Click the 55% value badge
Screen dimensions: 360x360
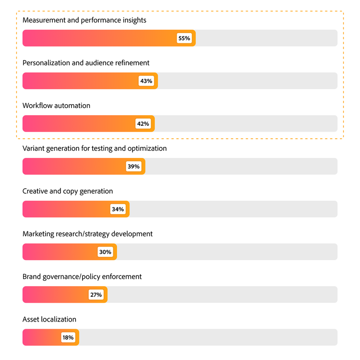[184, 38]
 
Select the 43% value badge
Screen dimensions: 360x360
[146, 81]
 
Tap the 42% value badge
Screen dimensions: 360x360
[143, 124]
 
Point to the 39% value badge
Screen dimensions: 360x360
[133, 167]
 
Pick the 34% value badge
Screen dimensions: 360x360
[118, 209]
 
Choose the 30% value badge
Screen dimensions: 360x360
[105, 252]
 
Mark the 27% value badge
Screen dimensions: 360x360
[96, 295]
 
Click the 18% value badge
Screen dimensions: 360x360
[68, 337]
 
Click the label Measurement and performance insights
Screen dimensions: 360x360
[84, 20]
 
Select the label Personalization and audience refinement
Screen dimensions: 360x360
[86, 63]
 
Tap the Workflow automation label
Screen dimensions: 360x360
[56, 106]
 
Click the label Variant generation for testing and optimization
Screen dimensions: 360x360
[95, 148]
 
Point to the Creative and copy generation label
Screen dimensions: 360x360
[68, 191]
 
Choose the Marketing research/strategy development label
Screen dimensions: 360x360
[87, 234]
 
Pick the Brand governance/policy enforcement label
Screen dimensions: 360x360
[82, 276]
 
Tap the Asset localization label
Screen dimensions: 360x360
[49, 319]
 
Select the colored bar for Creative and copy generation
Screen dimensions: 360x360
[67, 209]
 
